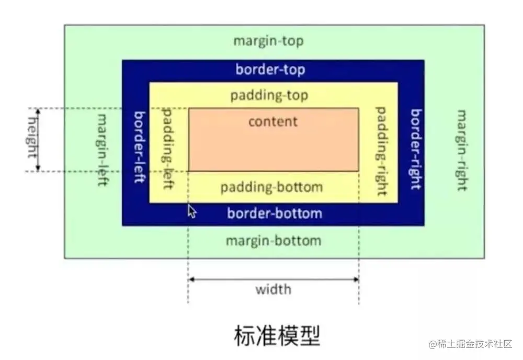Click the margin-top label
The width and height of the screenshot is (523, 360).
point(268,41)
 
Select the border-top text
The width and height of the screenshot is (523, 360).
point(270,69)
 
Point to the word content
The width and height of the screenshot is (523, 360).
point(273,121)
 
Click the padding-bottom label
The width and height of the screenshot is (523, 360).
point(271,187)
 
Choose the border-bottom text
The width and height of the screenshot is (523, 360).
point(275,213)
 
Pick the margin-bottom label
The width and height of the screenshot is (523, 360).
point(273,241)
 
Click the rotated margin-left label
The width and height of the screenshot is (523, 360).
point(101,150)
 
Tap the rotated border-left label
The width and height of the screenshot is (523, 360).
point(139,147)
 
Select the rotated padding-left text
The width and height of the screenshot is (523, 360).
point(168,149)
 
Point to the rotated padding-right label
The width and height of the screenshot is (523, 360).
point(382,151)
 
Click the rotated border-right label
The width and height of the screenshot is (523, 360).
point(416,149)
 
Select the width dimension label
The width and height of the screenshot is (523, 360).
point(273,289)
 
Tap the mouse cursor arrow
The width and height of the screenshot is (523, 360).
point(191,211)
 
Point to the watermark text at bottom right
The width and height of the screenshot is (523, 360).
point(471,344)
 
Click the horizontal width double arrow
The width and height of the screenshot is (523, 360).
point(273,279)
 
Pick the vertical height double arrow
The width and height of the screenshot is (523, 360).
point(38,139)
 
